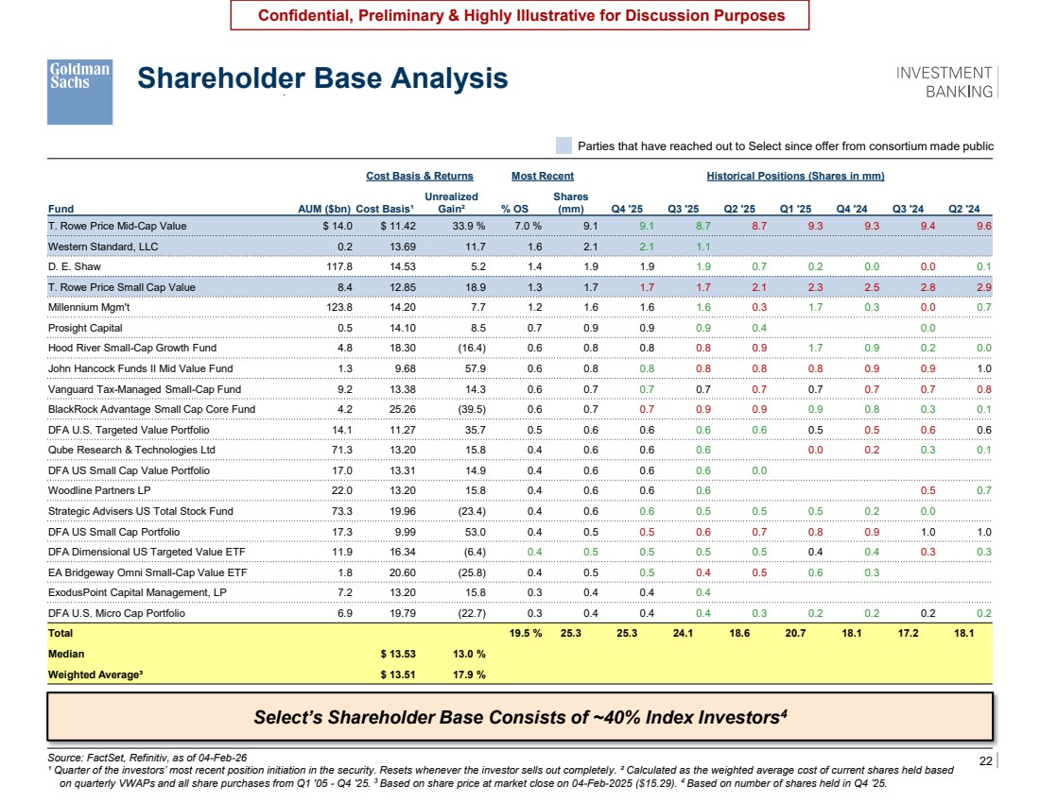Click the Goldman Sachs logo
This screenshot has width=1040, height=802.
[79, 92]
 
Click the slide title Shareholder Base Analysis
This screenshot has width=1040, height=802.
[322, 78]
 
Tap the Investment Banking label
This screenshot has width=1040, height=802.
[944, 82]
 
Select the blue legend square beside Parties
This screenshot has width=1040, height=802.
[563, 145]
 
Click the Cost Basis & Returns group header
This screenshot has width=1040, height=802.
[420, 177]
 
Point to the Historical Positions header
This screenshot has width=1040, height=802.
[795, 177]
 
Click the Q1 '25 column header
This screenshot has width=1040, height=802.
[795, 209]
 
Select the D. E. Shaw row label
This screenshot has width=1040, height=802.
[75, 266]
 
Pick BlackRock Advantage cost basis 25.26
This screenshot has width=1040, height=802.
[403, 410]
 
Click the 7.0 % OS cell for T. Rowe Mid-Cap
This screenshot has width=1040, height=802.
[528, 226]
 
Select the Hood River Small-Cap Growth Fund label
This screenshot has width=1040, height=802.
[132, 348]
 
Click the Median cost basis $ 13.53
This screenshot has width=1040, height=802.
[398, 655]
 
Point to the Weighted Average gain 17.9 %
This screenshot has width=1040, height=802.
[469, 674]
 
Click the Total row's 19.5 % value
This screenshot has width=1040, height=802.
[526, 634]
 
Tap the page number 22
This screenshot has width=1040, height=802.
[985, 760]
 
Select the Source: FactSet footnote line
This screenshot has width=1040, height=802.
[147, 758]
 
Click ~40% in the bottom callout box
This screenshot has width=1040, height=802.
[616, 717]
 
